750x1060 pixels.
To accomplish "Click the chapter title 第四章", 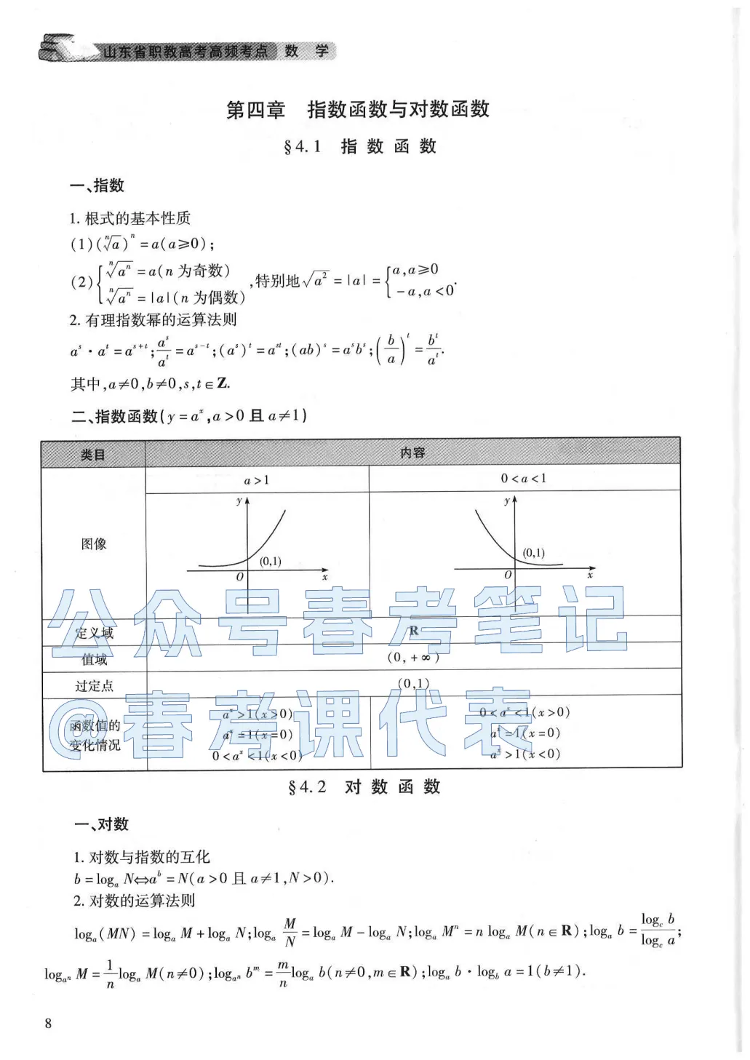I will [x=255, y=110].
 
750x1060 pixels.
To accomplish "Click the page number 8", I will [x=49, y=1023].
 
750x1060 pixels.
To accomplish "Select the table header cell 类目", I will [x=93, y=455].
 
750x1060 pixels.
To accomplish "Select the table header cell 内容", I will [x=412, y=453].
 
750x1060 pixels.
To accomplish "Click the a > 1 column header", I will [x=256, y=480].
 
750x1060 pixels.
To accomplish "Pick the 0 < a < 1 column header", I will [x=523, y=479].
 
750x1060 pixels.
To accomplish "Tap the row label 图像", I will [x=94, y=543].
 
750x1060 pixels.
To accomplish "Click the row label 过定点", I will [x=94, y=686].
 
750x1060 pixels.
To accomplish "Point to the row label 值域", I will [x=95, y=659].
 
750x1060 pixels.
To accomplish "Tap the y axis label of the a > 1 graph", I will [x=239, y=501].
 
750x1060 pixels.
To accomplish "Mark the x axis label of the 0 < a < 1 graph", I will [x=590, y=575].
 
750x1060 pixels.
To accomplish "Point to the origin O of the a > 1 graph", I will [x=240, y=577].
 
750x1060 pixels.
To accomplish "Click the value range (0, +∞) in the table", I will [x=413, y=657].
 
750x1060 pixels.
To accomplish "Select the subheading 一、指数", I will [x=97, y=186].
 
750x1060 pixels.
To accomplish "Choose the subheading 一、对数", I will [x=101, y=824].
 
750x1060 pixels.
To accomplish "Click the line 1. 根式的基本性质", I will [x=130, y=218].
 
